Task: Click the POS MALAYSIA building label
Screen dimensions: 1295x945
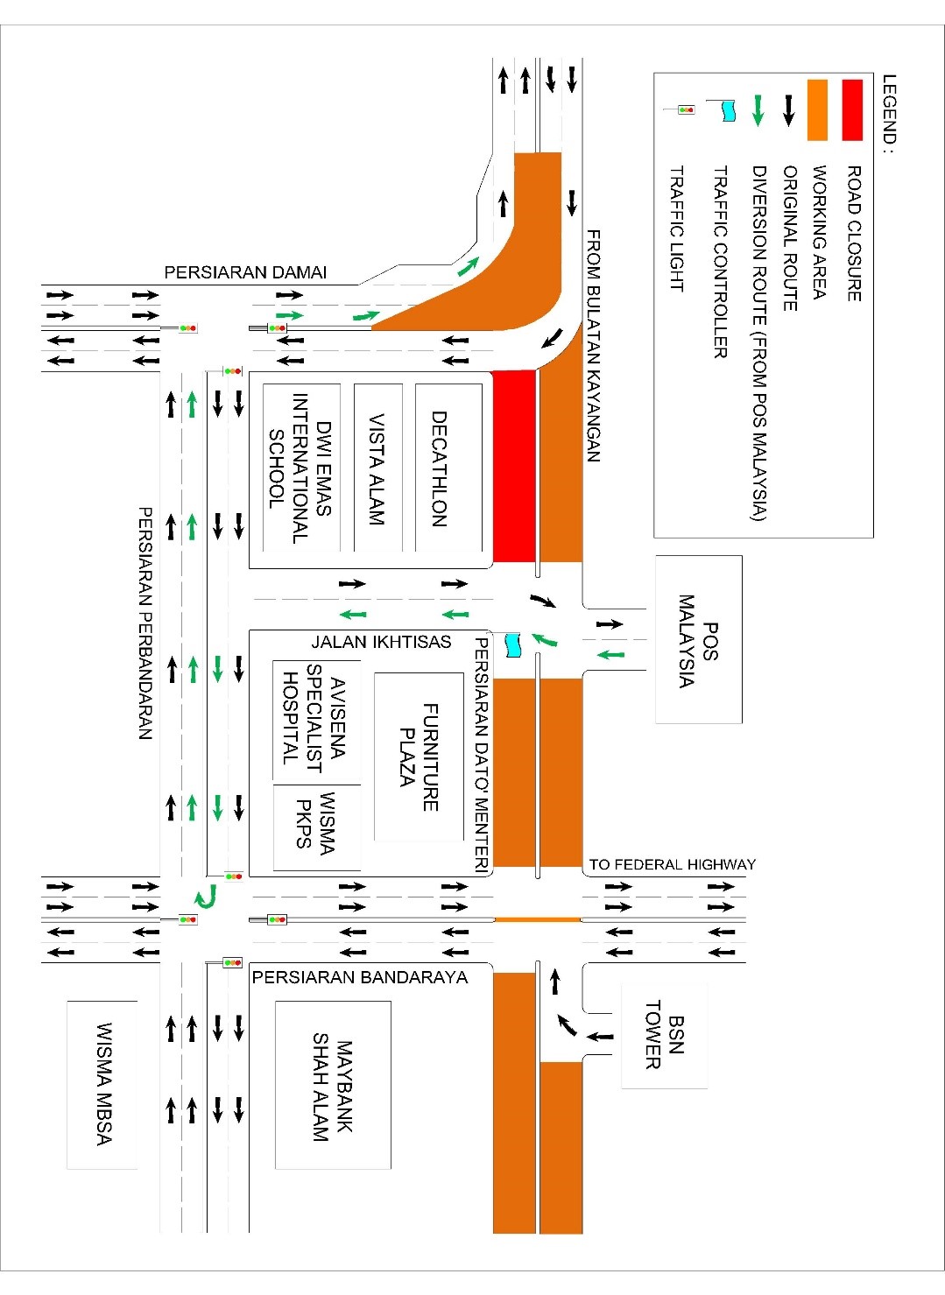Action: click(698, 641)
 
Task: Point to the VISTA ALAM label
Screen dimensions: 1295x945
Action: click(377, 469)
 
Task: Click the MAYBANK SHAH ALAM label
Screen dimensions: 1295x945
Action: click(332, 1090)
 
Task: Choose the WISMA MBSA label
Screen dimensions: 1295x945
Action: click(103, 1084)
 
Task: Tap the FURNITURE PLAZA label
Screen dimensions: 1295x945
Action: click(419, 757)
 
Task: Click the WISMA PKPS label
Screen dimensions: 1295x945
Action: click(315, 824)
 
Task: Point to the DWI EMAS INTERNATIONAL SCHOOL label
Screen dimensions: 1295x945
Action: click(300, 468)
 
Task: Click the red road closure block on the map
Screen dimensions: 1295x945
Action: click(514, 465)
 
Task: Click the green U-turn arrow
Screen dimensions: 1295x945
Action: click(205, 896)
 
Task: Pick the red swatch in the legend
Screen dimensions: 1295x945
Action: click(851, 109)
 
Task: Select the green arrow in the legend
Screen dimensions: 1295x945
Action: click(758, 109)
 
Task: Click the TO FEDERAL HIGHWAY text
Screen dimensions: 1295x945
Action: click(672, 864)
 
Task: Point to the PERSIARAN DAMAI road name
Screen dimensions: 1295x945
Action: click(245, 272)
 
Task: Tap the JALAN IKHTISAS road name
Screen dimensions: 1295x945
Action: click(381, 642)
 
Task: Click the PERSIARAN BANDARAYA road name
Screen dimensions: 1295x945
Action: click(360, 977)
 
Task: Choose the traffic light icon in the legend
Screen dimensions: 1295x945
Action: click(686, 109)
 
